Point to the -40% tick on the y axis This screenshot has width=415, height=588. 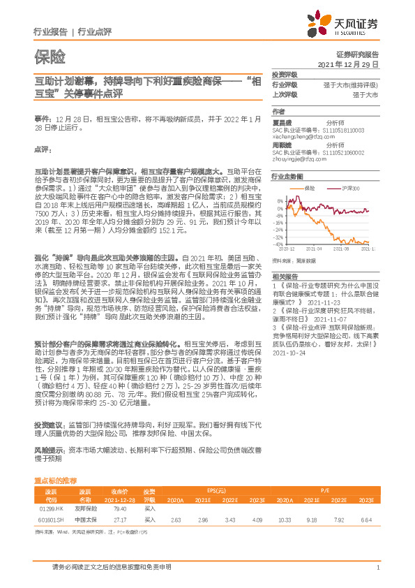point(279,244)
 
